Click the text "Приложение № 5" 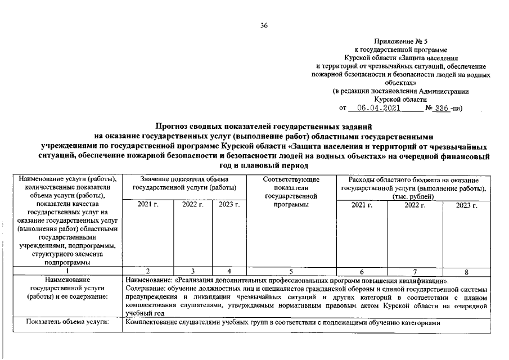(x=401, y=42)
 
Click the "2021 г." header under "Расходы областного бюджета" (x=361, y=205)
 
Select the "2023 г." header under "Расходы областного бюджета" (x=467, y=205)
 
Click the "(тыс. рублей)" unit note (x=413, y=196)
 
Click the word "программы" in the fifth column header (x=291, y=205)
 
